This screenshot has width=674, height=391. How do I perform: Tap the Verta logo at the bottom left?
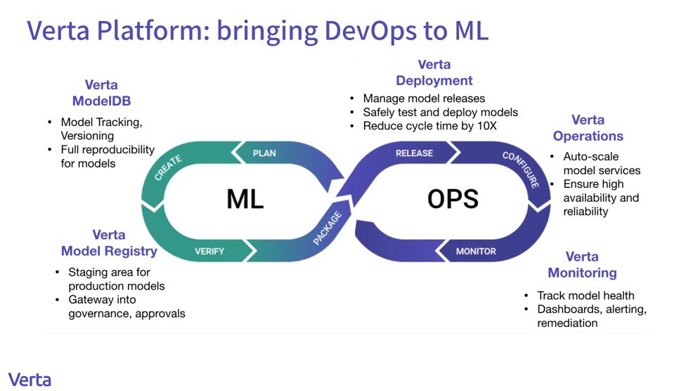30,379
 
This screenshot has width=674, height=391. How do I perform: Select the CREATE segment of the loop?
169,168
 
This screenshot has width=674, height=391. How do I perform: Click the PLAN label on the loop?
264,153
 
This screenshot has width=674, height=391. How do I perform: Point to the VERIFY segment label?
209,251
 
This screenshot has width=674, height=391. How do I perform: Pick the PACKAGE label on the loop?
327,229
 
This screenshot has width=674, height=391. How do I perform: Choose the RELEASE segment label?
414,153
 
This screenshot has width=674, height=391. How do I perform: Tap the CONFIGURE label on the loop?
521,169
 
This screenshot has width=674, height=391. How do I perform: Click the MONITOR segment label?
476,251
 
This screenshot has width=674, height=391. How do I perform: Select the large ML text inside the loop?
245,199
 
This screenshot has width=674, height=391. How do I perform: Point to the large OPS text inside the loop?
453,199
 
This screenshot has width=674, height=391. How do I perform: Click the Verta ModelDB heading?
101,93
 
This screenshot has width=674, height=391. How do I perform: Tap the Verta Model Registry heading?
109,243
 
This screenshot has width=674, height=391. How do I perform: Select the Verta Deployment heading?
434,72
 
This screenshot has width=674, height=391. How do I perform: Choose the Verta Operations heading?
588,128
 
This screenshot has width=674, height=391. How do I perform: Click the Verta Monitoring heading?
582,264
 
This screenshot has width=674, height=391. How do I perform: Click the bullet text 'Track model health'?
585,295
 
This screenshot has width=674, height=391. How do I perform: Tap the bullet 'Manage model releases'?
424,98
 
